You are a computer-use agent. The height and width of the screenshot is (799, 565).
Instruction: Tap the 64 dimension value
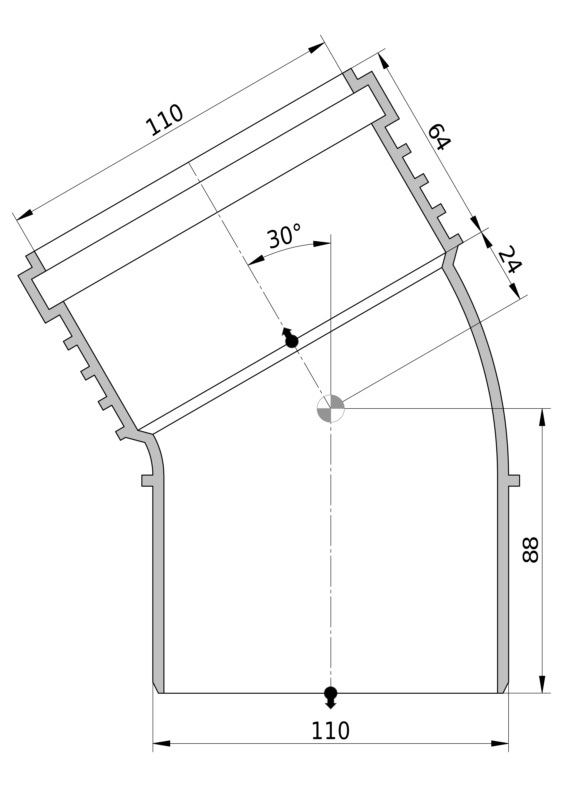click(439, 137)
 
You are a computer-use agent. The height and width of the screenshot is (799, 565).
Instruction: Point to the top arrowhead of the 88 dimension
click(542, 417)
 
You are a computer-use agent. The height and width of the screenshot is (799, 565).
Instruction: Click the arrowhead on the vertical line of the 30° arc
click(322, 244)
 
